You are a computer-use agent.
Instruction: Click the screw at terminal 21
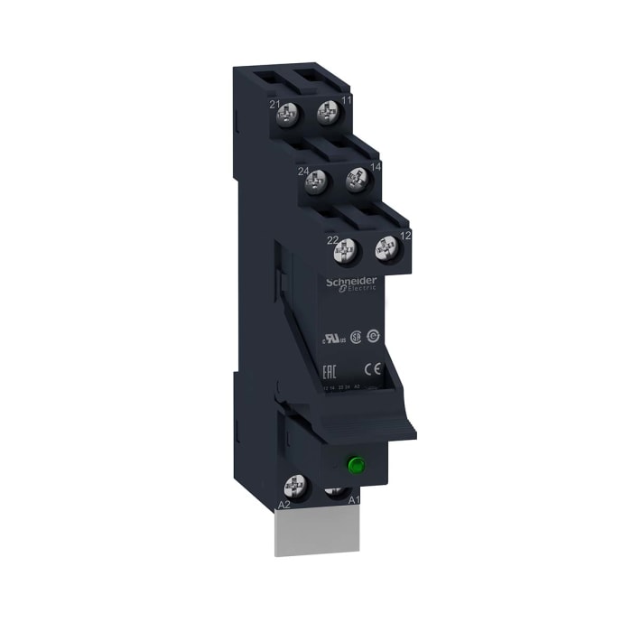click(291, 116)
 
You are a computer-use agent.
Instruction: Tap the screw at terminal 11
click(326, 116)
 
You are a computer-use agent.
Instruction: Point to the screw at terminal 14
click(356, 180)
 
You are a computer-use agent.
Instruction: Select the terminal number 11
click(348, 101)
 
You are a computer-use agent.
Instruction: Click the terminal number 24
click(303, 170)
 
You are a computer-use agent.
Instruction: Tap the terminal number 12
click(405, 235)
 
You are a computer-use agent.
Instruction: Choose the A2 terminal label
click(283, 504)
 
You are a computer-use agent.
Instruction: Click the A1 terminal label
click(354, 499)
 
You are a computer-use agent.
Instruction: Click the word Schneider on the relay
click(350, 283)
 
